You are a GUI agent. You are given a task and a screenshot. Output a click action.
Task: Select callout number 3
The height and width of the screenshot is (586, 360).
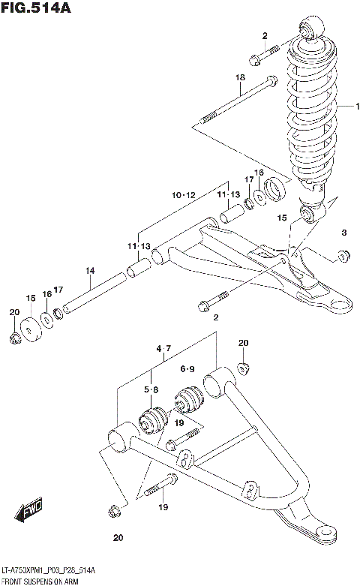pos(344,233)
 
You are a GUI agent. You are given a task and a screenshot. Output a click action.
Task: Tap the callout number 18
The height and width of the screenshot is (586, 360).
pos(240,78)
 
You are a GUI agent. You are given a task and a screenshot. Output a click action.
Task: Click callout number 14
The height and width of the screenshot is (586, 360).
pos(89,271)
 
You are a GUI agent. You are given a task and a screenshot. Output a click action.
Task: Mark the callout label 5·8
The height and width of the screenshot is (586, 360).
pos(150,389)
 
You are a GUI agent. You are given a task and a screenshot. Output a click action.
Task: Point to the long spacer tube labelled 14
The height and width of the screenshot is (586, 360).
pos(94,293)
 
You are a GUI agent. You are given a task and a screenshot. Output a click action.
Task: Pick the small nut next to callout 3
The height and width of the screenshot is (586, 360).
pos(342,257)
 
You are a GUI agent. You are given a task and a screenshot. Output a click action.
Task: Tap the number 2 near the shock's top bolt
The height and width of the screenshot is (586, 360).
pos(264,35)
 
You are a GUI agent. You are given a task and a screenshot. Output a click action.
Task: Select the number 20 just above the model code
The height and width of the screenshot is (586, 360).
pos(117,537)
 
